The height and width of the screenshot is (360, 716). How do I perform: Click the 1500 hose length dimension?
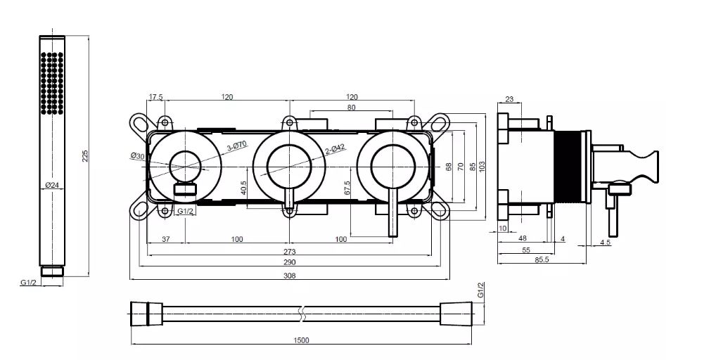tap(301, 340)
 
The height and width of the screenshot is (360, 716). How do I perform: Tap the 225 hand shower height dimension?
tap(84, 156)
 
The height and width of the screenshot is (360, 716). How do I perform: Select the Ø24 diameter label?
tap(52, 185)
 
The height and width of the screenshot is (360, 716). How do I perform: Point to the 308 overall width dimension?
tap(290, 275)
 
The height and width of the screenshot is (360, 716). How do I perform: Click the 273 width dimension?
tap(290, 252)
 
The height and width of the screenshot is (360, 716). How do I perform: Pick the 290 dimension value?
tap(290, 262)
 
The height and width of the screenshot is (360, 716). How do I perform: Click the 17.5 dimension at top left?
tap(155, 97)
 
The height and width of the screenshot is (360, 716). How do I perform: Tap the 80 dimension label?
tap(351, 108)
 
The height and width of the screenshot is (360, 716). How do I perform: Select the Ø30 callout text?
tap(137, 155)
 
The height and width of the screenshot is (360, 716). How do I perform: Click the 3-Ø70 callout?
tap(237, 146)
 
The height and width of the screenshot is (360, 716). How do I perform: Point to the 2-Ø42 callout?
tap(335, 149)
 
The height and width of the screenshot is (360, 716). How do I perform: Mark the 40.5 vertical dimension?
tap(244, 188)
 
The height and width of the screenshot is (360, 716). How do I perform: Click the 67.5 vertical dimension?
tap(347, 188)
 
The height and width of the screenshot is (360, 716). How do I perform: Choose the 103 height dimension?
tap(482, 167)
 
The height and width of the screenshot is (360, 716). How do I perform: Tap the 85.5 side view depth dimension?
tap(542, 259)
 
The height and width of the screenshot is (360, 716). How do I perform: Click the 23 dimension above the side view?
tap(510, 99)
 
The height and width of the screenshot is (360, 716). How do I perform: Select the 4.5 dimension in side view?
tap(606, 243)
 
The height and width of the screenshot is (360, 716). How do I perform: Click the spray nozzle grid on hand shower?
tap(52, 83)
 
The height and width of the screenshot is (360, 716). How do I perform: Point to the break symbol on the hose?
tap(301, 314)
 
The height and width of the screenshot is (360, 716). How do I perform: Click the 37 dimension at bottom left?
tap(166, 239)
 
